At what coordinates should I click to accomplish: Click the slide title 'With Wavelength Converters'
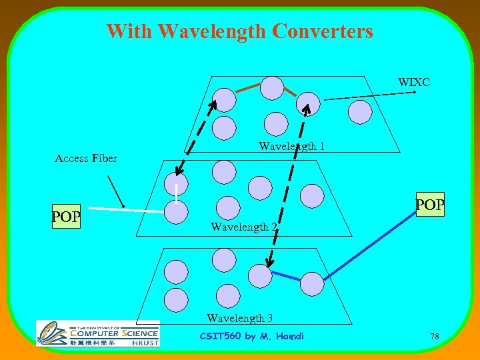pos(239,31)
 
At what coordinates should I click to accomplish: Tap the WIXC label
pos(413,82)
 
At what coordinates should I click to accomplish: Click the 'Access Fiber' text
pos(85,158)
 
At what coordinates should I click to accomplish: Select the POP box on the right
pos(429,205)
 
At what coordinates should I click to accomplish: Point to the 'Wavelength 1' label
pos(291,146)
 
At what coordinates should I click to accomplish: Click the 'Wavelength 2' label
pos(243,227)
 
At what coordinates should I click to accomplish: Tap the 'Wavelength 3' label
pos(239,318)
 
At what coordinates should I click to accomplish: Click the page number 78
pos(434,337)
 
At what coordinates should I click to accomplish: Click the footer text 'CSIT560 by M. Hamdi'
pos(251,336)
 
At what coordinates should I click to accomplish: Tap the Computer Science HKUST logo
pos(97,333)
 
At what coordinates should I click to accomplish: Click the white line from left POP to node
pos(127,209)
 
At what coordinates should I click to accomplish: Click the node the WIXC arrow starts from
pos(308,104)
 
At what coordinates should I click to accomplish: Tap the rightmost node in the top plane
pos(361,112)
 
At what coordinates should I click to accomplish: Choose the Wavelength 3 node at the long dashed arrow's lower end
pos(260,275)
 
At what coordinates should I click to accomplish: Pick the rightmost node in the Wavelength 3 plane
pos(311,284)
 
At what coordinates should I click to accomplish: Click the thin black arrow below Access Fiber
pos(115,190)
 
